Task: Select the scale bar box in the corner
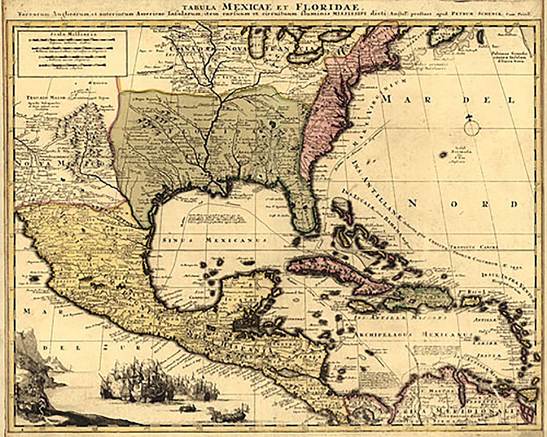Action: click(73, 53)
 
